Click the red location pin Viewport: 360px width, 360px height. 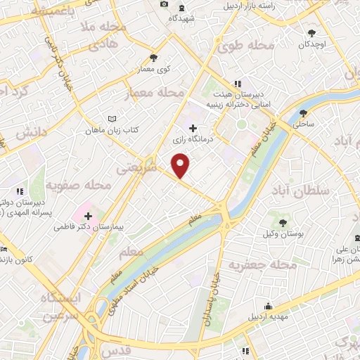(x=181, y=166)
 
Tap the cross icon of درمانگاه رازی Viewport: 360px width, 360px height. (x=193, y=129)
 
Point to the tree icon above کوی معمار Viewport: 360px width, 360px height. (x=153, y=58)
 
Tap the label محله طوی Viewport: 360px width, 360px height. (x=245, y=46)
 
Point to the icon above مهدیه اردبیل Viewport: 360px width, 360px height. (x=268, y=306)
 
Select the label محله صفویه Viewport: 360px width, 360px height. (x=79, y=186)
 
